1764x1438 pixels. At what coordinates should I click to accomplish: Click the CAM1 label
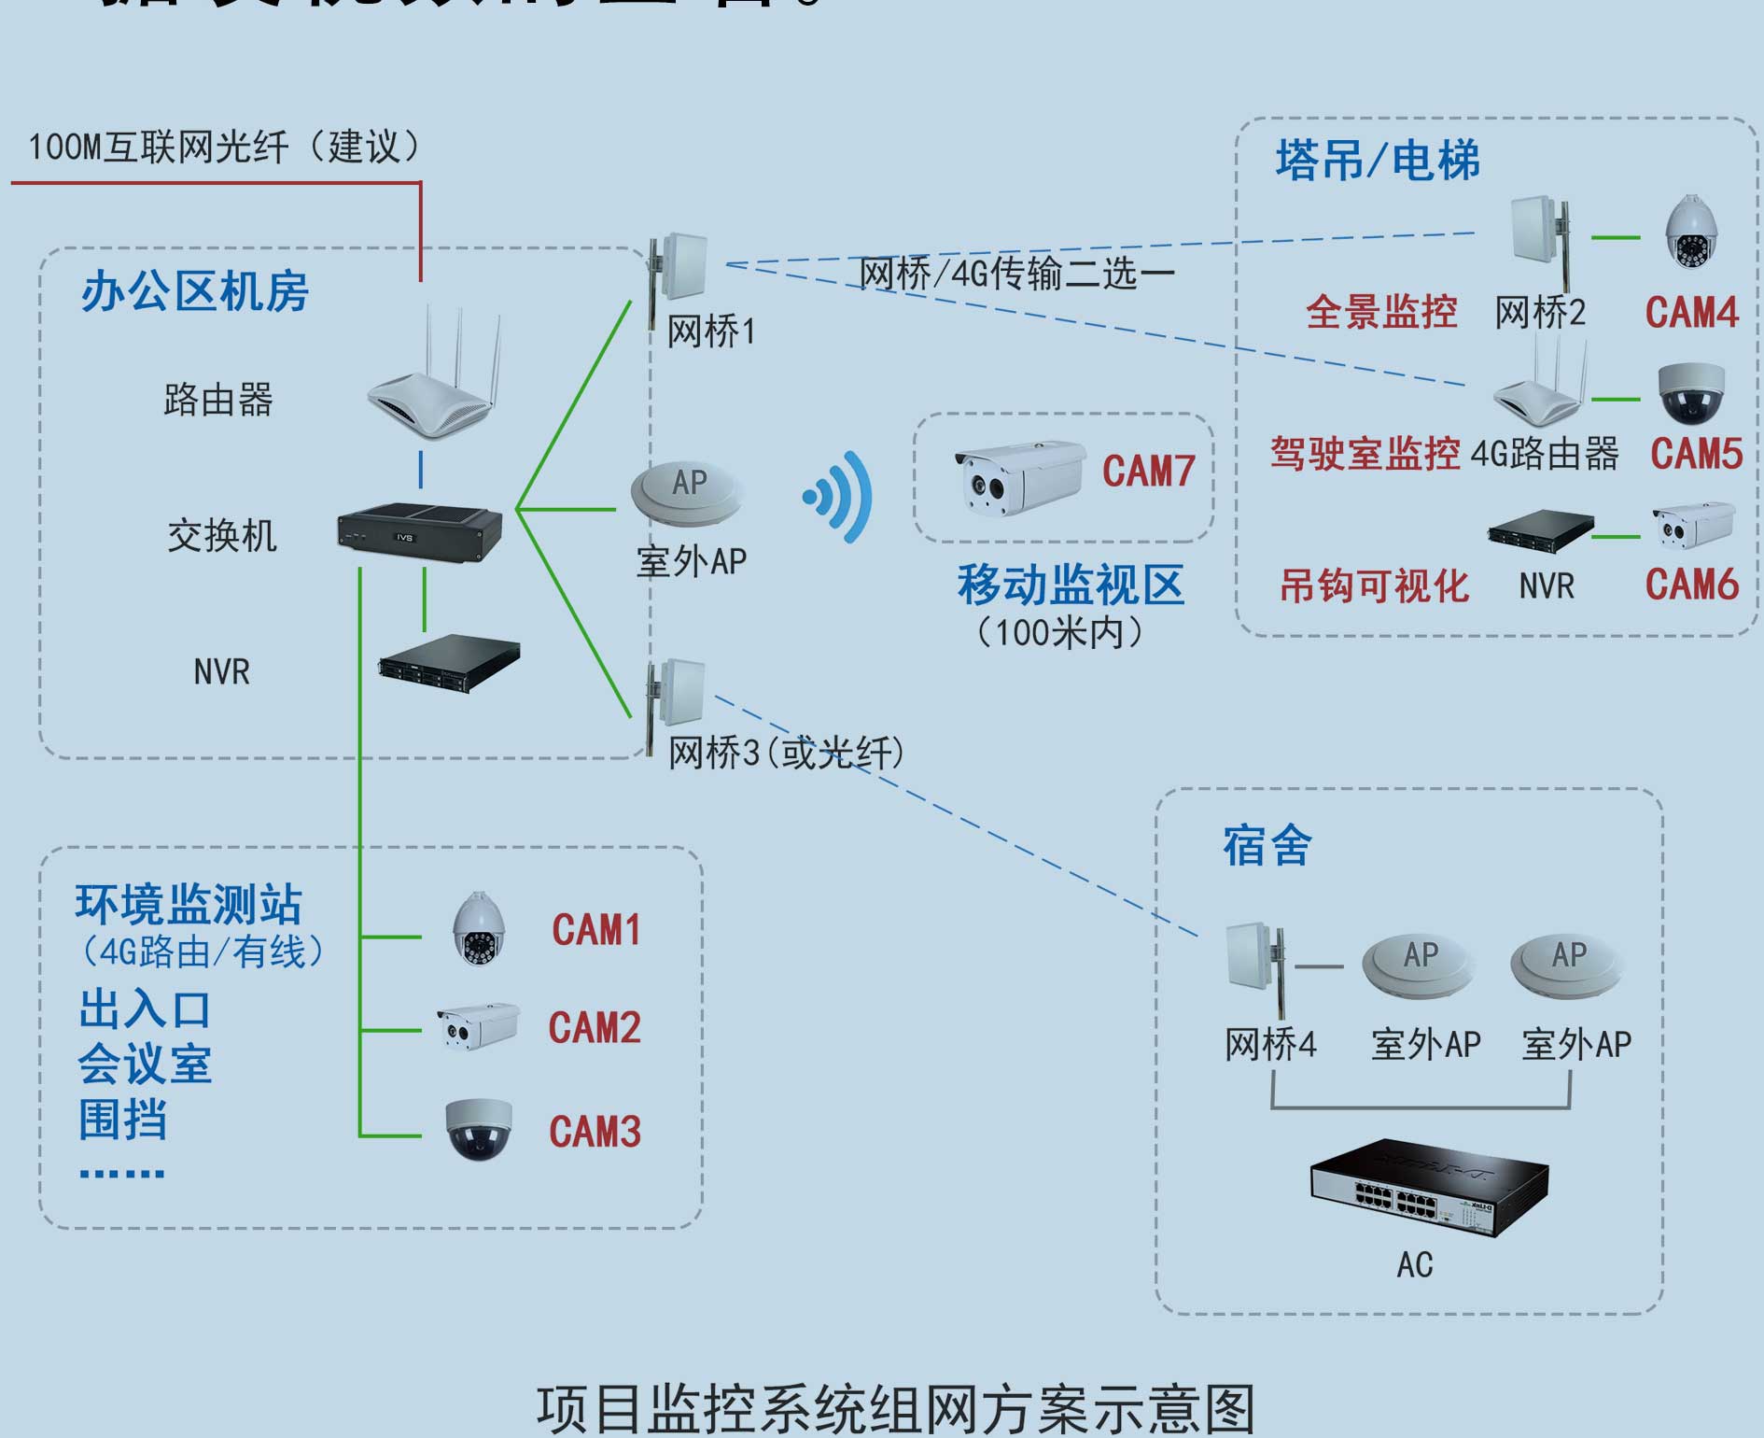[595, 930]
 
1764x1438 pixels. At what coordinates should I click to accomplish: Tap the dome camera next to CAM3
[479, 1129]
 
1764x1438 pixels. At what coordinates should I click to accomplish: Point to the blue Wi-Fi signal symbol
[839, 496]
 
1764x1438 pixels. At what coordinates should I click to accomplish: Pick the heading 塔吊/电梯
[1377, 161]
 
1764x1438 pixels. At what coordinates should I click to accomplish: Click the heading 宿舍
[1267, 846]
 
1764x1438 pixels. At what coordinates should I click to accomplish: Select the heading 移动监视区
[1070, 585]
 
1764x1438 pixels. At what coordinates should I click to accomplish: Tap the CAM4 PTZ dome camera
[1691, 233]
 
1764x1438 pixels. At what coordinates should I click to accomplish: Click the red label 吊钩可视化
[1373, 586]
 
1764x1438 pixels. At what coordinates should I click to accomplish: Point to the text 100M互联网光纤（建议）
[224, 148]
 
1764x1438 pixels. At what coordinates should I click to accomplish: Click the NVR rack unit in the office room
[449, 663]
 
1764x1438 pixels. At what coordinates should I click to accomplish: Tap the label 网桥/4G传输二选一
[1015, 274]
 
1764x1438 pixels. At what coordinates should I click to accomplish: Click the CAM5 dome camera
[1690, 393]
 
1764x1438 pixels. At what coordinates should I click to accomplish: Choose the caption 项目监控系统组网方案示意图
[895, 1409]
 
